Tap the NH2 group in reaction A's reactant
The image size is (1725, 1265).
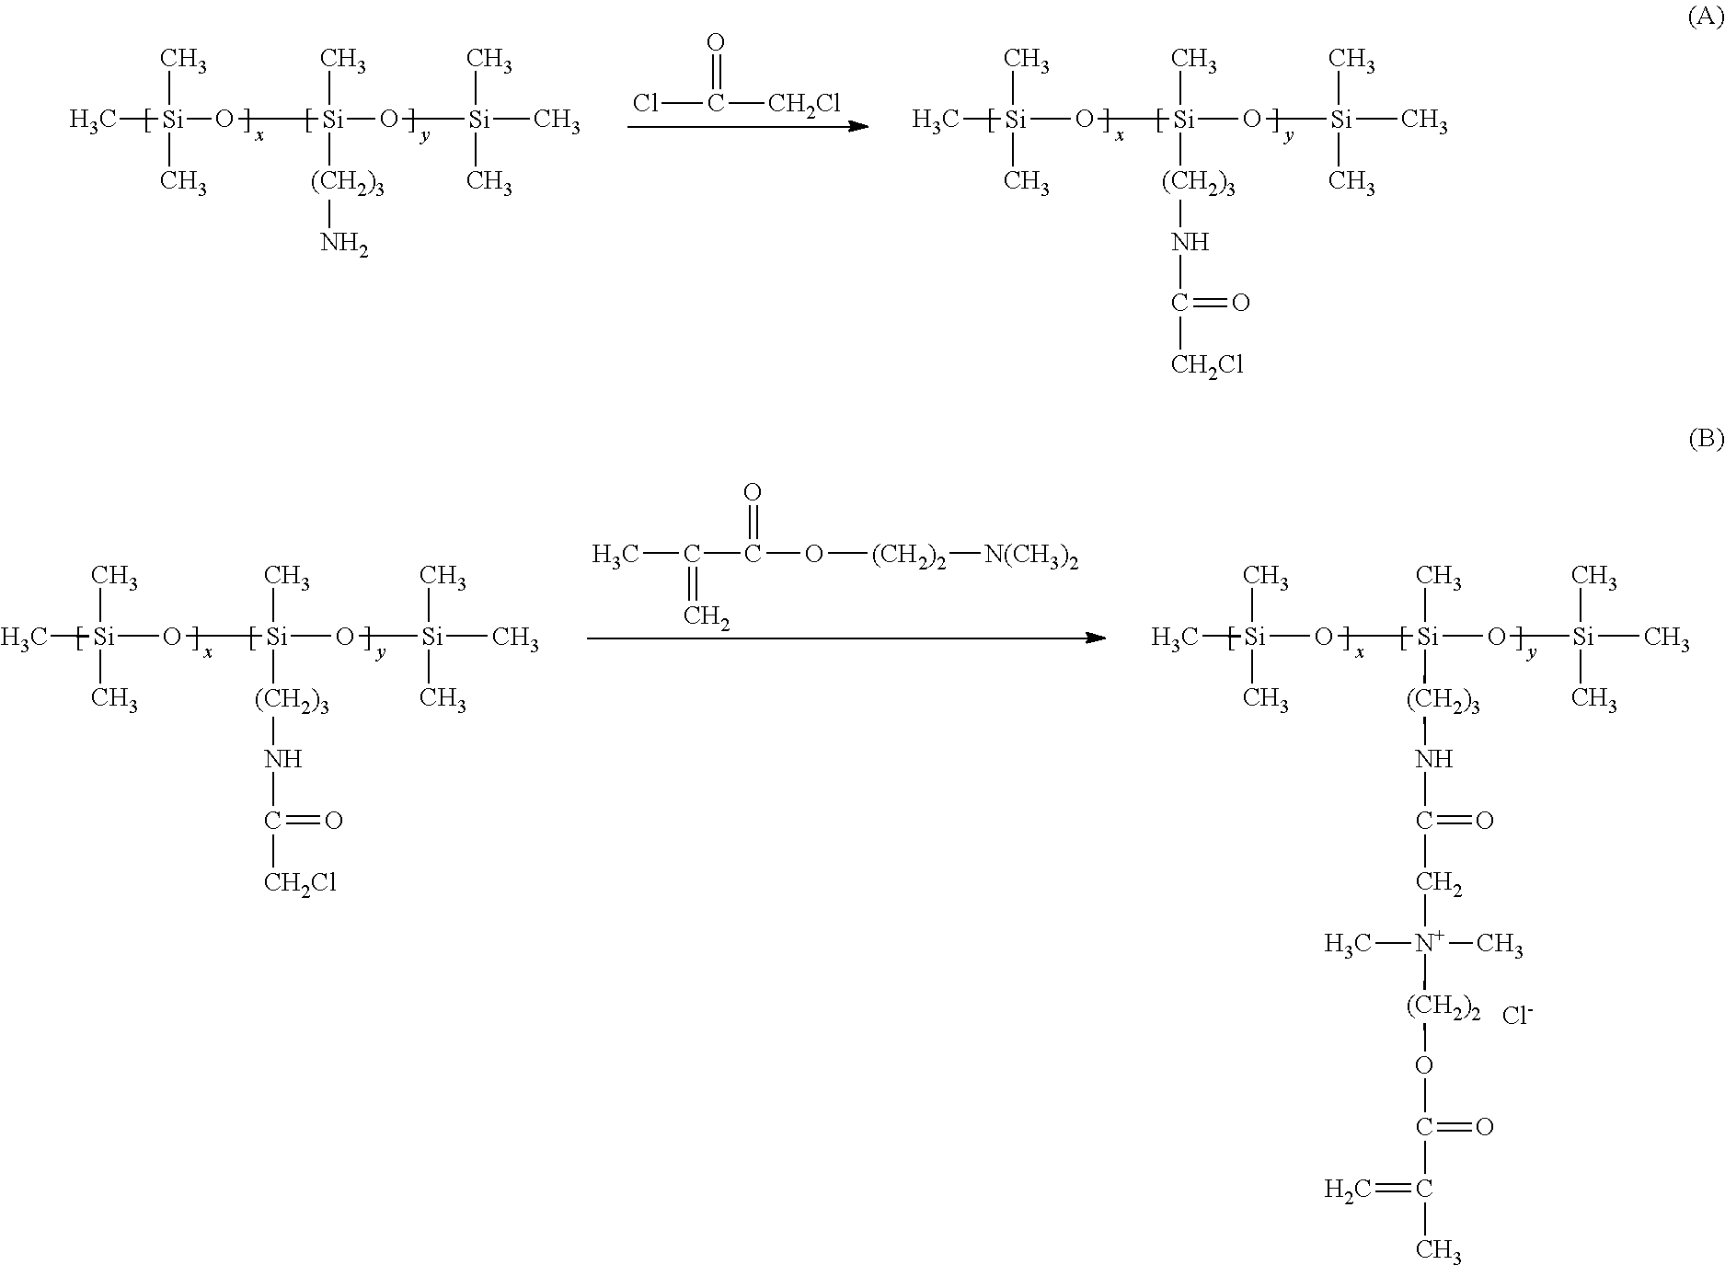pos(344,245)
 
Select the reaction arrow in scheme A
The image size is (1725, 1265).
pos(748,126)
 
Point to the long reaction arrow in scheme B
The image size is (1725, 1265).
pos(846,638)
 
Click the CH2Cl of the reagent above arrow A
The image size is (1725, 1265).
pos(803,104)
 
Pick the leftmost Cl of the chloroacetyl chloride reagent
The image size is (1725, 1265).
pos(645,103)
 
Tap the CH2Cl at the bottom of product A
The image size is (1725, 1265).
pos(1207,366)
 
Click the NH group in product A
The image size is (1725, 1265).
pos(1190,243)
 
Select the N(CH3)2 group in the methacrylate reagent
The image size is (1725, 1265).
pos(1030,556)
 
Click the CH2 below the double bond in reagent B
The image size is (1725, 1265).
pos(706,616)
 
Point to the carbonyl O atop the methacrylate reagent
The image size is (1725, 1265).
pos(753,493)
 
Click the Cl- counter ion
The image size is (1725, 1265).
pos(1517,1016)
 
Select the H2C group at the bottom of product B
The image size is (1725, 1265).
pos(1348,1190)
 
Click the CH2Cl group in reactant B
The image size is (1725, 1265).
pos(300,883)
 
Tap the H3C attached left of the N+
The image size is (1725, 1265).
pos(1348,944)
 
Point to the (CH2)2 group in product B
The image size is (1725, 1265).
pos(1443,1007)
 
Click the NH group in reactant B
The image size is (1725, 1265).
pos(282,760)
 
